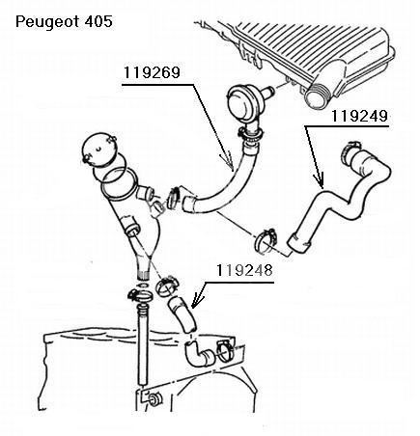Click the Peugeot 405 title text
(64, 22)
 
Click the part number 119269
(152, 72)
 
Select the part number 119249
(359, 116)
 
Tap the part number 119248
(244, 270)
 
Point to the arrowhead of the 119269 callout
(229, 162)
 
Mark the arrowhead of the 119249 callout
(320, 180)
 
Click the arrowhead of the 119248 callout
(196, 301)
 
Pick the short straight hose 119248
(182, 315)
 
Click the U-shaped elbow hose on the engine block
(199, 354)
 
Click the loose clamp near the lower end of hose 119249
(266, 240)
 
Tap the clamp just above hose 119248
(167, 286)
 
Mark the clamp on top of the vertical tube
(140, 295)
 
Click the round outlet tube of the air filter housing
(317, 95)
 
